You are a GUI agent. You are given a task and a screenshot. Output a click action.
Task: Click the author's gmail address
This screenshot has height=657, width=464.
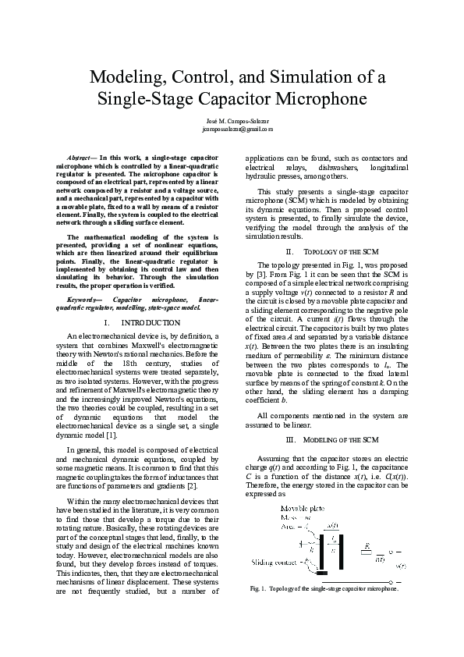(x=232, y=130)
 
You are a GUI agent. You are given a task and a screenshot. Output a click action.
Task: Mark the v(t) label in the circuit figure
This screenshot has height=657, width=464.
(x=400, y=565)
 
